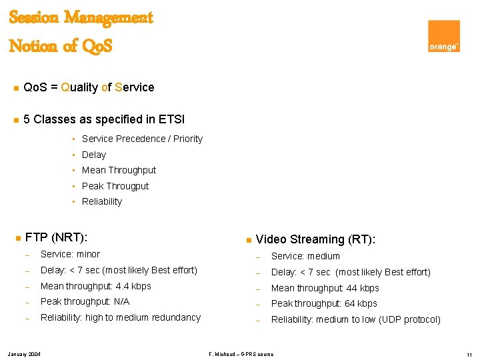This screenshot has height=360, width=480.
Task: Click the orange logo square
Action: [x=443, y=36]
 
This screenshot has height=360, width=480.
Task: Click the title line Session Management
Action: [x=81, y=17]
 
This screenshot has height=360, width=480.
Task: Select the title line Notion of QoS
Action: [x=61, y=46]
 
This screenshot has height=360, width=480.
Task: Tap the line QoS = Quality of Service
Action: [x=88, y=87]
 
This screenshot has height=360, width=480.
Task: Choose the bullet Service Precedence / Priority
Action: [x=142, y=139]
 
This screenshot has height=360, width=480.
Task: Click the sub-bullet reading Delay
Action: [x=94, y=155]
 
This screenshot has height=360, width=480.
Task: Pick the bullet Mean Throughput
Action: [x=119, y=170]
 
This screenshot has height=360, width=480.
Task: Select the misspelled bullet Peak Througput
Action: [x=115, y=186]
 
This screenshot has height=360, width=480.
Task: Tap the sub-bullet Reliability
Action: [x=102, y=201]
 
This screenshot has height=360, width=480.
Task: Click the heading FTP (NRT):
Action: [x=57, y=237]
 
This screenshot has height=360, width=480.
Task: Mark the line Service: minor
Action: [x=70, y=254]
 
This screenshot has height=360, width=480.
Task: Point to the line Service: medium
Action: [x=305, y=256]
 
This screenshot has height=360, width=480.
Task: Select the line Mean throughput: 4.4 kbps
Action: [x=96, y=286]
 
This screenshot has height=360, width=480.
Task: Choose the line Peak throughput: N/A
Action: [x=85, y=302]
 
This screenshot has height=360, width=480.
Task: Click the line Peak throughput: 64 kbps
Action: [x=324, y=303]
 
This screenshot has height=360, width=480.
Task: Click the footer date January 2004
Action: [x=24, y=353]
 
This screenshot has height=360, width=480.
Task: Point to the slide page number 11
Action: [x=469, y=354]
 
